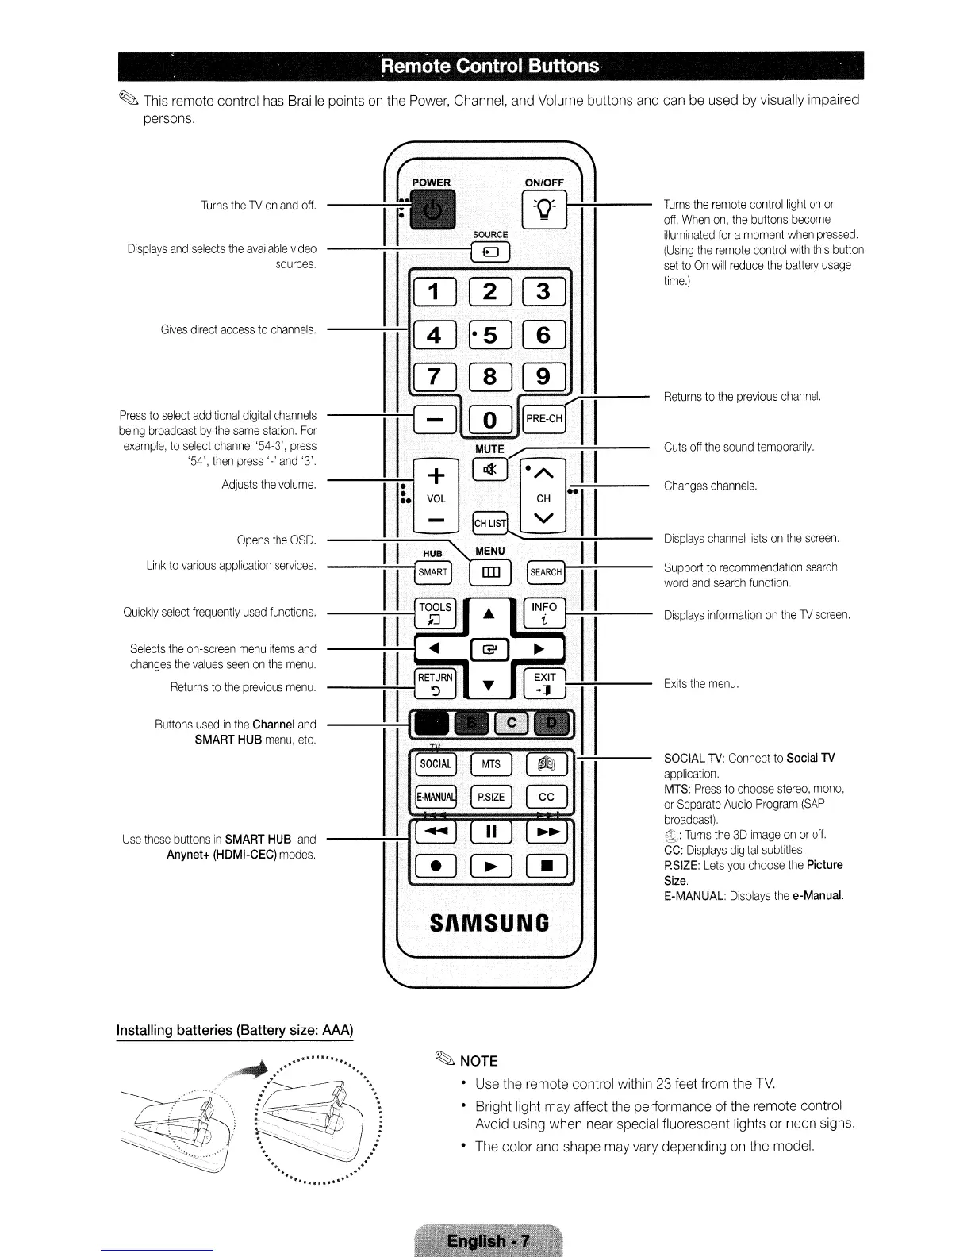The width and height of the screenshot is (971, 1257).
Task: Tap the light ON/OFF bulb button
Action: click(544, 211)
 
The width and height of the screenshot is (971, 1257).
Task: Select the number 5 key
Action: click(489, 336)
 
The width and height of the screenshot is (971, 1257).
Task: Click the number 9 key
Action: click(544, 376)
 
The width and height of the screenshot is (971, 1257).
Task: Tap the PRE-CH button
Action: click(544, 419)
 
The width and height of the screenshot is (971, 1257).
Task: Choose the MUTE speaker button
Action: click(489, 470)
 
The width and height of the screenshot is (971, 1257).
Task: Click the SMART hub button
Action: click(433, 572)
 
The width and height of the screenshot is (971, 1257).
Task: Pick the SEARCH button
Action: click(546, 572)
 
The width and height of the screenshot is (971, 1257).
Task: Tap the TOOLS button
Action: click(435, 613)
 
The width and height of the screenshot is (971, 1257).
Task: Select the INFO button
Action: click(544, 613)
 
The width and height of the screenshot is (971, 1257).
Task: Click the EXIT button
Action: click(544, 682)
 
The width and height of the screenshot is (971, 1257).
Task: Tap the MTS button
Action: click(491, 764)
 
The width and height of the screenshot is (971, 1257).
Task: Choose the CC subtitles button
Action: click(546, 797)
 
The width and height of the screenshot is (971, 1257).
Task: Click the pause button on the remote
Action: click(490, 832)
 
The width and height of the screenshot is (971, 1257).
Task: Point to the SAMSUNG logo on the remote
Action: click(489, 923)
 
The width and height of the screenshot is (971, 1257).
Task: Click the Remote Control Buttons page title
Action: click(489, 66)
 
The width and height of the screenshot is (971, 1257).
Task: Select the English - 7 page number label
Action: click(488, 1241)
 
